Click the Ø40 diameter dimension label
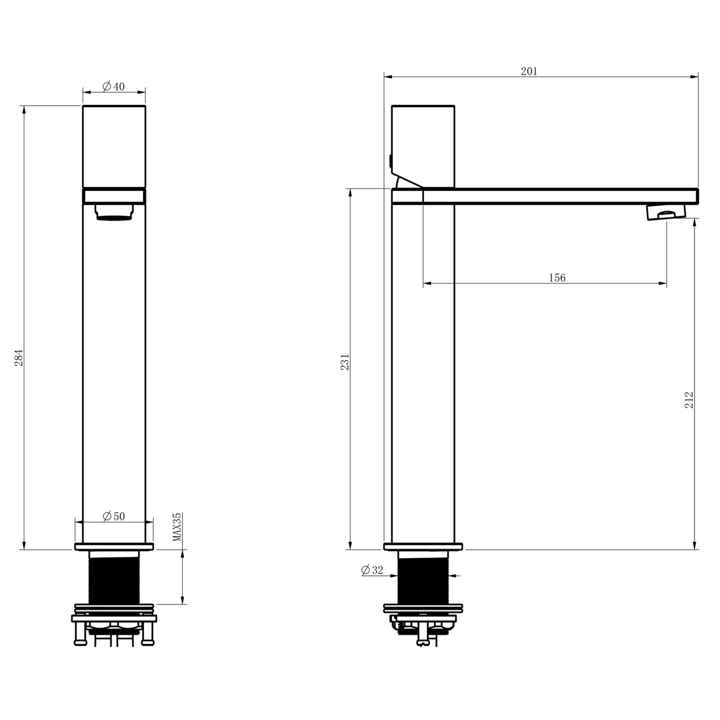tap(113, 87)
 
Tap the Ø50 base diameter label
tap(113, 516)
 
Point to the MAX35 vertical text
tap(177, 527)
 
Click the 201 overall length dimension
tap(529, 71)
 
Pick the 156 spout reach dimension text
tap(557, 278)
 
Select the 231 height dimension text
tap(345, 362)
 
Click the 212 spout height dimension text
tap(688, 400)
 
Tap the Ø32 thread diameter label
tap(372, 570)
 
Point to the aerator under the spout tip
tap(665, 212)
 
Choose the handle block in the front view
tap(114, 145)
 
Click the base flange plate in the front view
tap(114, 546)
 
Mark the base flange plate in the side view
tap(422, 546)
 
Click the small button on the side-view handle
tap(390, 161)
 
